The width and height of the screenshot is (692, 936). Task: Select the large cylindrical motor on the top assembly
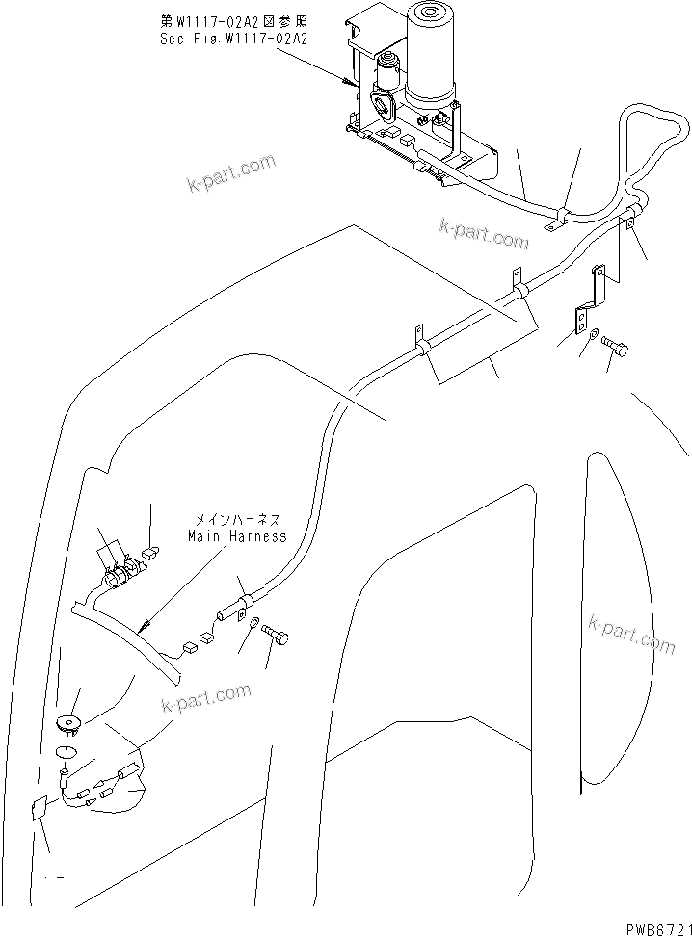point(431,53)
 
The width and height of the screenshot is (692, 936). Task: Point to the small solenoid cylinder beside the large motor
point(387,75)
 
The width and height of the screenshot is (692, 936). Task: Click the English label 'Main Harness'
point(238,535)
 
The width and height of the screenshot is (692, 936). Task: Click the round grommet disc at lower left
point(68,722)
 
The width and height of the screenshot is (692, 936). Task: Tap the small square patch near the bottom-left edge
point(40,811)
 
